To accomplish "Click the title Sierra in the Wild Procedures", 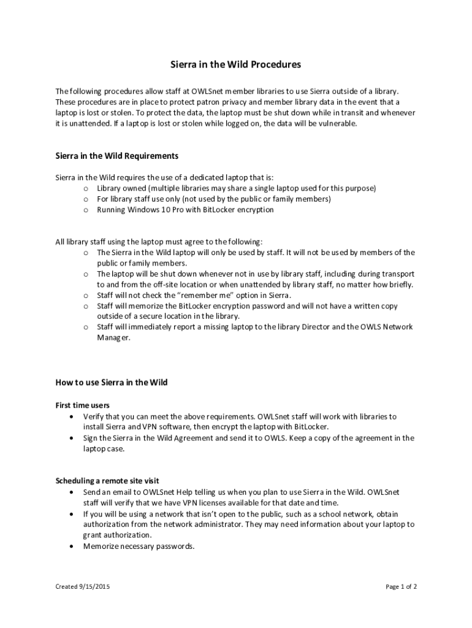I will click(x=235, y=64).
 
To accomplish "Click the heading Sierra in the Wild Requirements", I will click(x=116, y=156).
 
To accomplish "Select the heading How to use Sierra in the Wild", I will click(x=112, y=383).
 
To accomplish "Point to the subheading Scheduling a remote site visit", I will click(x=107, y=481).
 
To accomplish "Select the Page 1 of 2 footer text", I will click(x=401, y=586).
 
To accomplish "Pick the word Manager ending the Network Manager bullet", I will click(x=113, y=338).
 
